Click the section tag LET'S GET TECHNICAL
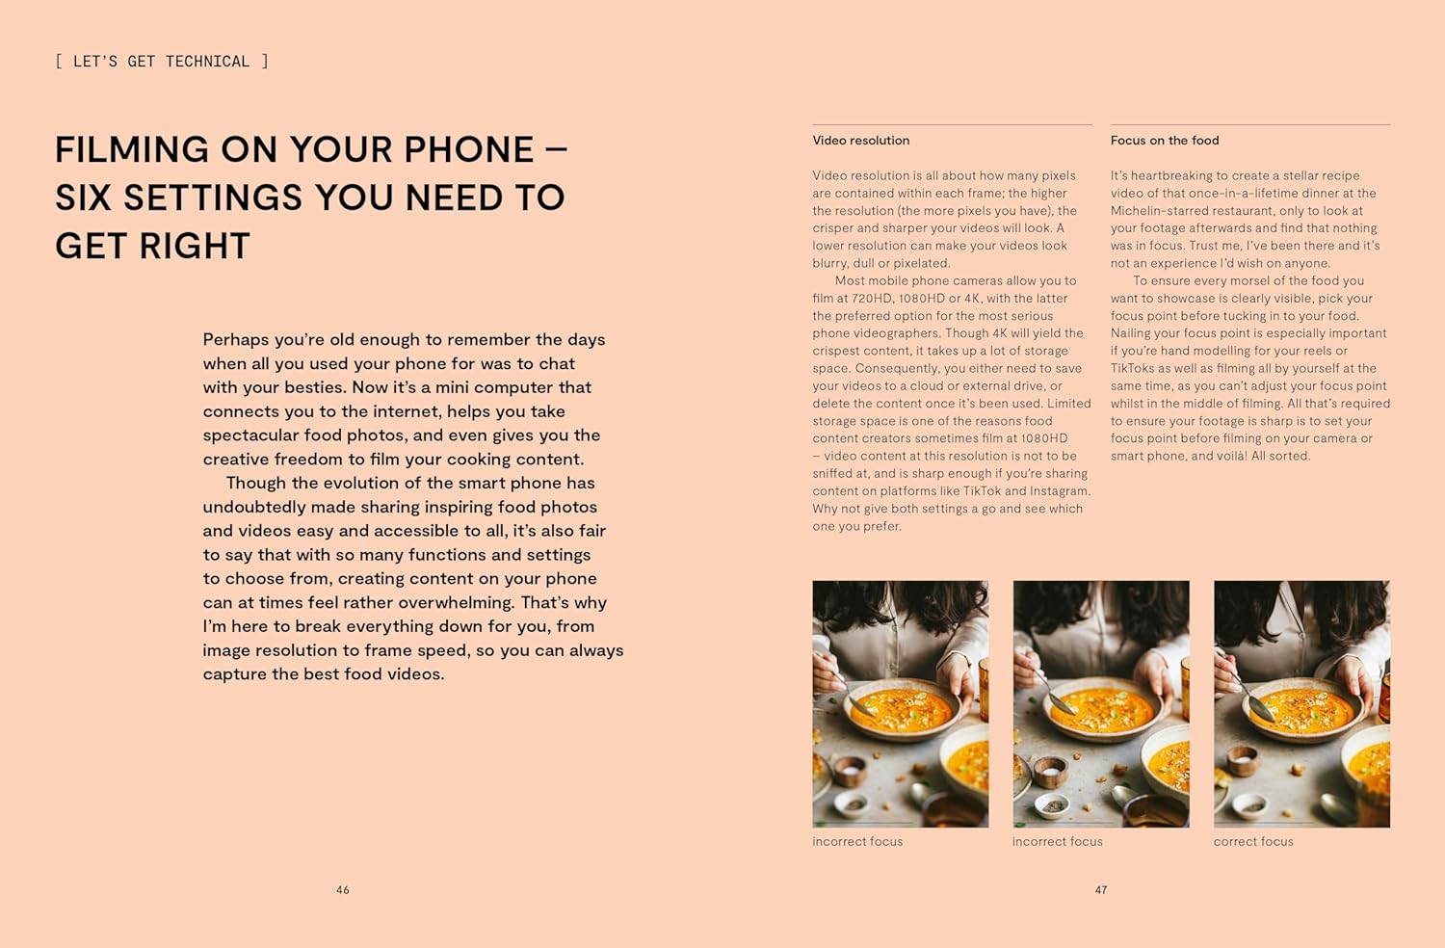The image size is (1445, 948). (x=161, y=62)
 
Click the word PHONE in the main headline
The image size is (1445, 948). (x=469, y=149)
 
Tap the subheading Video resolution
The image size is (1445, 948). (x=860, y=140)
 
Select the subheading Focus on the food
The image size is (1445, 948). (x=1165, y=140)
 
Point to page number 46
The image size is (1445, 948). (x=343, y=890)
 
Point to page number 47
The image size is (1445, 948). (x=1101, y=890)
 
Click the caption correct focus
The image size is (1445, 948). (x=1253, y=841)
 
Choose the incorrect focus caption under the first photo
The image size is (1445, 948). (x=857, y=841)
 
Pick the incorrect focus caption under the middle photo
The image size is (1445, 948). (x=1058, y=841)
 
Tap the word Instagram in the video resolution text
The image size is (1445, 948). (x=1060, y=491)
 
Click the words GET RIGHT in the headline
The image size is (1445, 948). (x=152, y=246)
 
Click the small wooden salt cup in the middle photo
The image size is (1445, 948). (x=1050, y=771)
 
